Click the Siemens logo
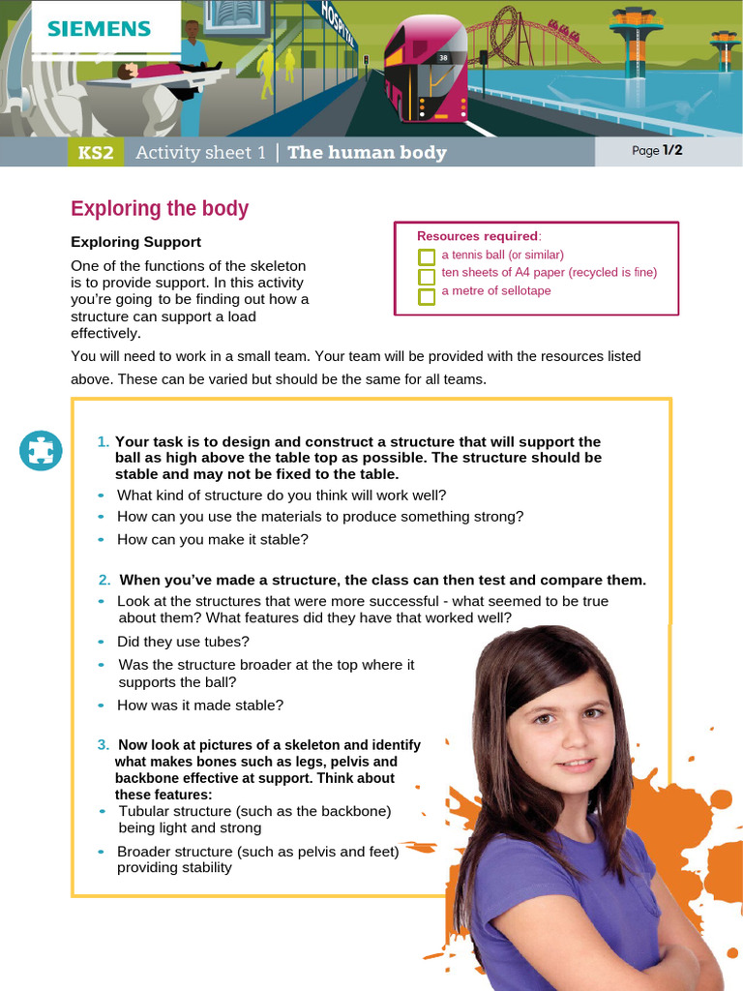(100, 28)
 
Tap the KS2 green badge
(96, 153)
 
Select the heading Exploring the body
(160, 209)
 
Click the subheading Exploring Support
(136, 242)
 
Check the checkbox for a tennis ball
(427, 256)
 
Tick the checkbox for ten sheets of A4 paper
(427, 276)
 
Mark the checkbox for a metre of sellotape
(427, 295)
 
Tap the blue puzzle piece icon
(41, 450)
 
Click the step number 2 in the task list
(104, 580)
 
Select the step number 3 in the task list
(103, 744)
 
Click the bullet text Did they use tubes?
(184, 642)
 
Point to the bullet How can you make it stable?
(212, 540)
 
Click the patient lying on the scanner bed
(164, 73)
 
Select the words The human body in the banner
(367, 153)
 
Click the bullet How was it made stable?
(200, 706)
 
